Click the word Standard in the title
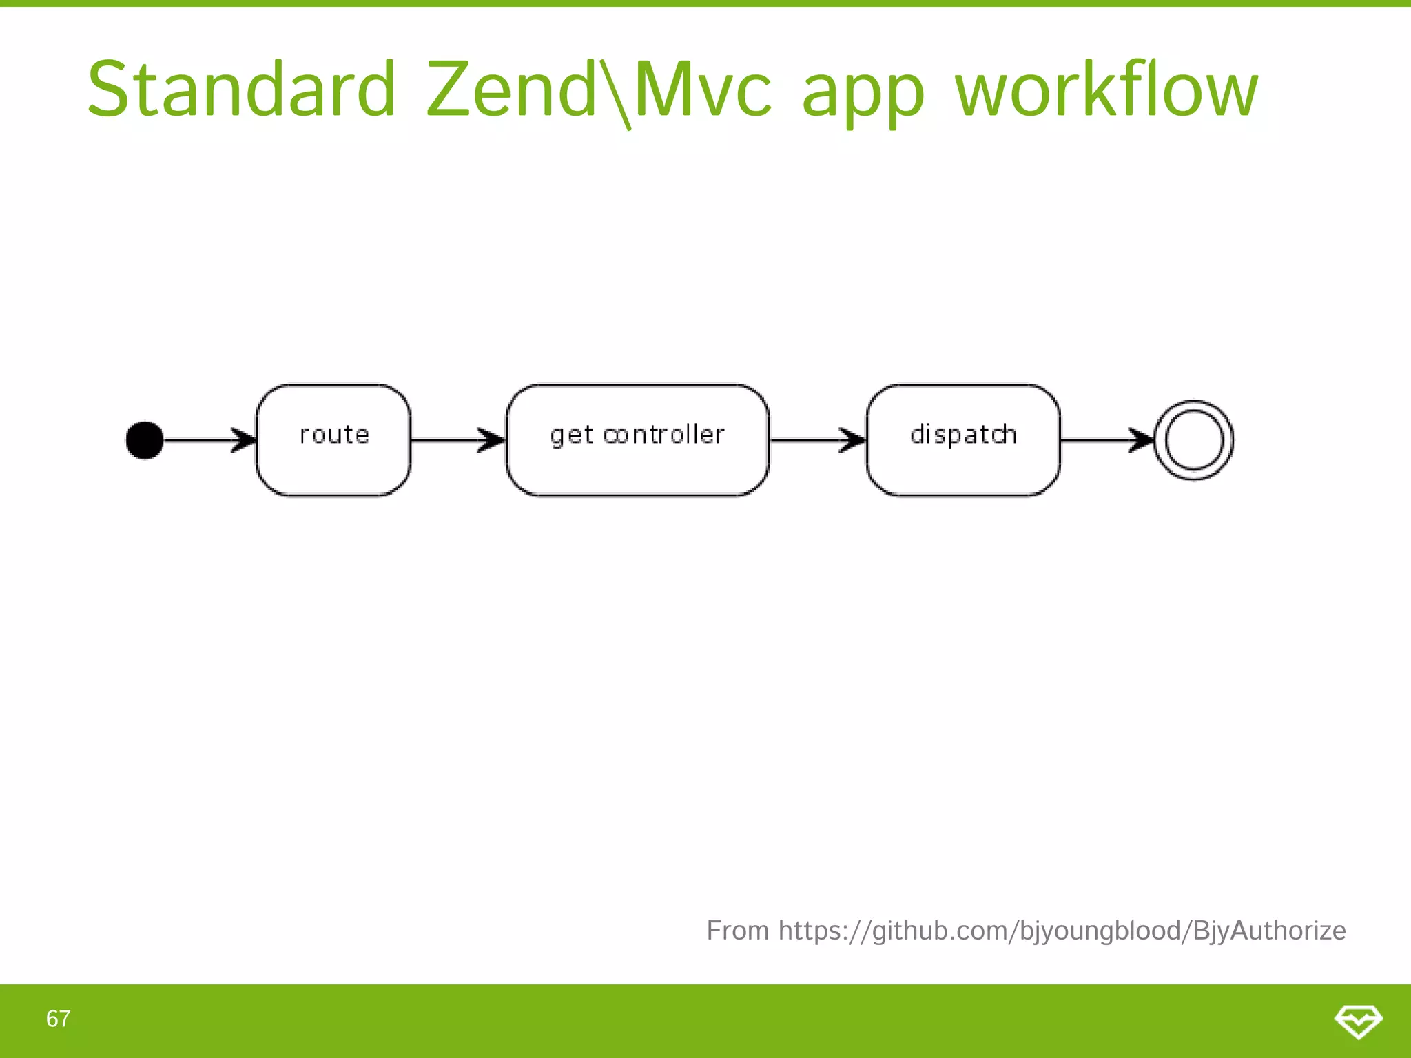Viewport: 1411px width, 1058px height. (241, 90)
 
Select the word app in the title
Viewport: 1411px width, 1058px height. (863, 93)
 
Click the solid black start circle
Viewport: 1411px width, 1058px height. (145, 439)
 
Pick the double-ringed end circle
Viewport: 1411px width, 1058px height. (1194, 439)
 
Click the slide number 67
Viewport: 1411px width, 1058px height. (58, 1019)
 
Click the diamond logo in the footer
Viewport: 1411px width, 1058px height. (1358, 1020)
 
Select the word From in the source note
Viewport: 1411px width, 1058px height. (737, 931)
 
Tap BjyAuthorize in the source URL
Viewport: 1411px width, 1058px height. (1269, 931)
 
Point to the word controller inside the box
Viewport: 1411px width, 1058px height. (663, 435)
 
